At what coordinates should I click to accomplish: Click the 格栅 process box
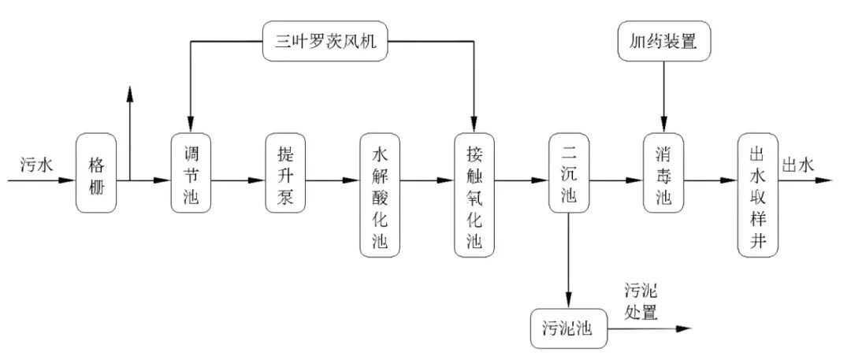click(x=95, y=173)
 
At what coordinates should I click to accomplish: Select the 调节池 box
click(x=190, y=173)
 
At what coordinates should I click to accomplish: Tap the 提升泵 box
click(x=284, y=173)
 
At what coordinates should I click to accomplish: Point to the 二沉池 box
click(x=569, y=173)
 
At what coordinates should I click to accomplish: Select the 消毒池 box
click(x=663, y=173)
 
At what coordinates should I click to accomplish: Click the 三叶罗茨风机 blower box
click(x=331, y=42)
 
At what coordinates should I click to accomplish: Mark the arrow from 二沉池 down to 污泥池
click(x=569, y=260)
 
